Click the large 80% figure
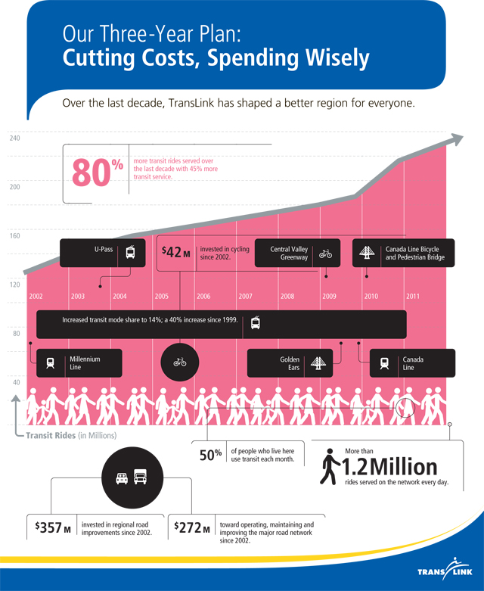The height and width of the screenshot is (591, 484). (97, 171)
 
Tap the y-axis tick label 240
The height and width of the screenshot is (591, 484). (15, 138)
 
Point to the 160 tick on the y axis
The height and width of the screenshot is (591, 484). (15, 235)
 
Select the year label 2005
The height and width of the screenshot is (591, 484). (161, 296)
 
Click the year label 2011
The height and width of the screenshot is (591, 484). (412, 296)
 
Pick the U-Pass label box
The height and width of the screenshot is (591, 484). (98, 253)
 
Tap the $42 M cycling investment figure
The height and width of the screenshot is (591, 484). (176, 252)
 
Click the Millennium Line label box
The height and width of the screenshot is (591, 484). (79, 362)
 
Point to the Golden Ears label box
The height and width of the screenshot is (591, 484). (290, 362)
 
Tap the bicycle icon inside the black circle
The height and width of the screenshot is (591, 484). (180, 362)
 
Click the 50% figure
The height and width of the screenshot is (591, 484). (210, 455)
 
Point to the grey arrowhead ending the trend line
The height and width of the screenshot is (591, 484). (455, 140)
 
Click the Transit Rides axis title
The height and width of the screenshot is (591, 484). (71, 435)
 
